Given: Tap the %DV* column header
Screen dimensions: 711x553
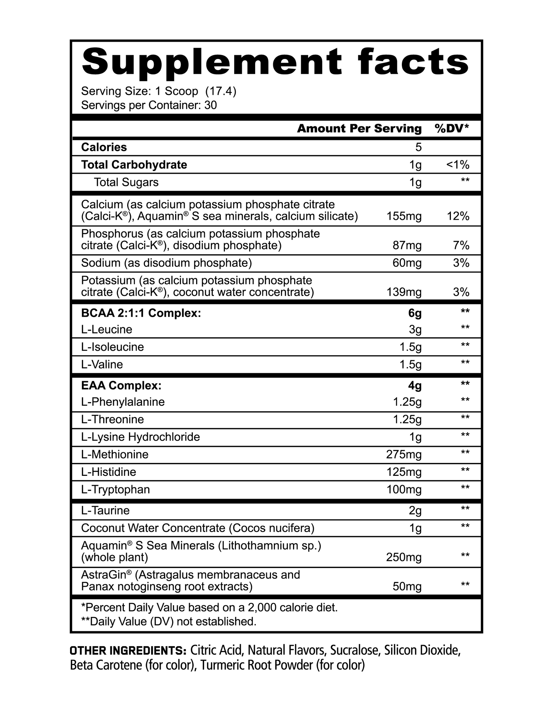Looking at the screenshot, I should pyautogui.click(x=452, y=128).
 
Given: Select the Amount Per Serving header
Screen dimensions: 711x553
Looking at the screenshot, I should pyautogui.click(x=359, y=128).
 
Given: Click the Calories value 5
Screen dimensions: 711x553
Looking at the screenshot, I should pyautogui.click(x=418, y=147).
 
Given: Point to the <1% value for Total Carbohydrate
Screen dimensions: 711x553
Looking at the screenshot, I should pyautogui.click(x=458, y=165).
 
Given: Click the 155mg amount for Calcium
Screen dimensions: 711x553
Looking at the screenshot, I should pyautogui.click(x=404, y=216).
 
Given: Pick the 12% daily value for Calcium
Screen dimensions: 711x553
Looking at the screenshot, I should pyautogui.click(x=458, y=216).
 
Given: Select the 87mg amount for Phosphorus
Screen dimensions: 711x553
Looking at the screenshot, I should pyautogui.click(x=407, y=245).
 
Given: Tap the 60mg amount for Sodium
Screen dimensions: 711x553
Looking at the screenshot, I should pyautogui.click(x=407, y=263).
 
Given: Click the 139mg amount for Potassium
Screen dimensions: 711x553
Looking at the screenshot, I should pyautogui.click(x=404, y=292).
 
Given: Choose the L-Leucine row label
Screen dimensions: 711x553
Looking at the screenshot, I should pyautogui.click(x=107, y=329).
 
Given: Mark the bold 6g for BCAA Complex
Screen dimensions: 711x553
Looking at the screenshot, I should pyautogui.click(x=415, y=313).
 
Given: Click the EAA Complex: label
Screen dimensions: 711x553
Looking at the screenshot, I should pyautogui.click(x=121, y=386).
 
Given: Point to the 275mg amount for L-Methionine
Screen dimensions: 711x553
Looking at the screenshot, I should pyautogui.click(x=404, y=454).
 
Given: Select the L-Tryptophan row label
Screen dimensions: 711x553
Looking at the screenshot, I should pyautogui.click(x=115, y=489).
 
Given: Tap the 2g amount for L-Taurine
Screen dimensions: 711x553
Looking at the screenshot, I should pyautogui.click(x=415, y=510).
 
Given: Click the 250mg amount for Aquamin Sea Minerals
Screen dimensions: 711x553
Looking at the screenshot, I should pyautogui.click(x=404, y=557).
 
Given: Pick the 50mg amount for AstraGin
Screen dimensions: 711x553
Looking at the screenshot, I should pyautogui.click(x=407, y=586).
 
